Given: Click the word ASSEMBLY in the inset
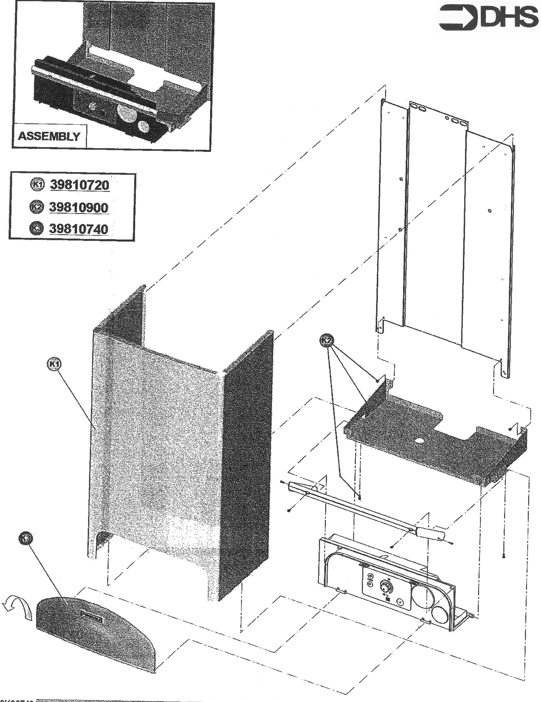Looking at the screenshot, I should click(49, 136).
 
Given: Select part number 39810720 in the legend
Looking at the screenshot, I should click(80, 185).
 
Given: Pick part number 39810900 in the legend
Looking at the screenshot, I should click(79, 207).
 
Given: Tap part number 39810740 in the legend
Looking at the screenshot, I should click(79, 229).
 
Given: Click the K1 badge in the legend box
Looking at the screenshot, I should click(37, 184).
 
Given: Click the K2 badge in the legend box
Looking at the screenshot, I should click(37, 207).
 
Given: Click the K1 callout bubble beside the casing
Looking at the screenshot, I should click(54, 364).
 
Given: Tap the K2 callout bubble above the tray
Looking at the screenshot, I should click(327, 340).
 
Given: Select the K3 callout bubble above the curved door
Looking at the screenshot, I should click(26, 546).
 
